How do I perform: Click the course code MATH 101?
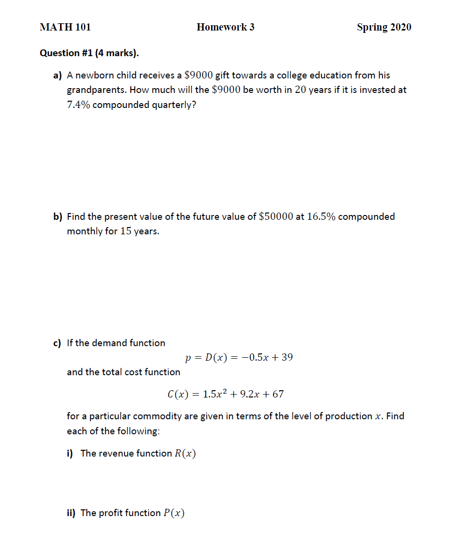click(65, 27)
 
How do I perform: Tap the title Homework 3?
click(225, 27)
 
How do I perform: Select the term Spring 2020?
click(384, 27)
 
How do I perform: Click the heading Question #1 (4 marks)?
click(89, 53)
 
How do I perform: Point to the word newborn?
click(95, 75)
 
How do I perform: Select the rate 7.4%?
click(78, 105)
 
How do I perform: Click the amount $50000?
click(276, 216)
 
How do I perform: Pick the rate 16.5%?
click(321, 216)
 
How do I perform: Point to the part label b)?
click(58, 216)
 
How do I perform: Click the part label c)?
click(58, 343)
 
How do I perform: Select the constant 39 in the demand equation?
click(287, 358)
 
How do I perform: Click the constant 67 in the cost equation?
click(278, 394)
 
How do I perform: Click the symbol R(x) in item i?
click(185, 453)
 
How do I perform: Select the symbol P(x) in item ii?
click(174, 513)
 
